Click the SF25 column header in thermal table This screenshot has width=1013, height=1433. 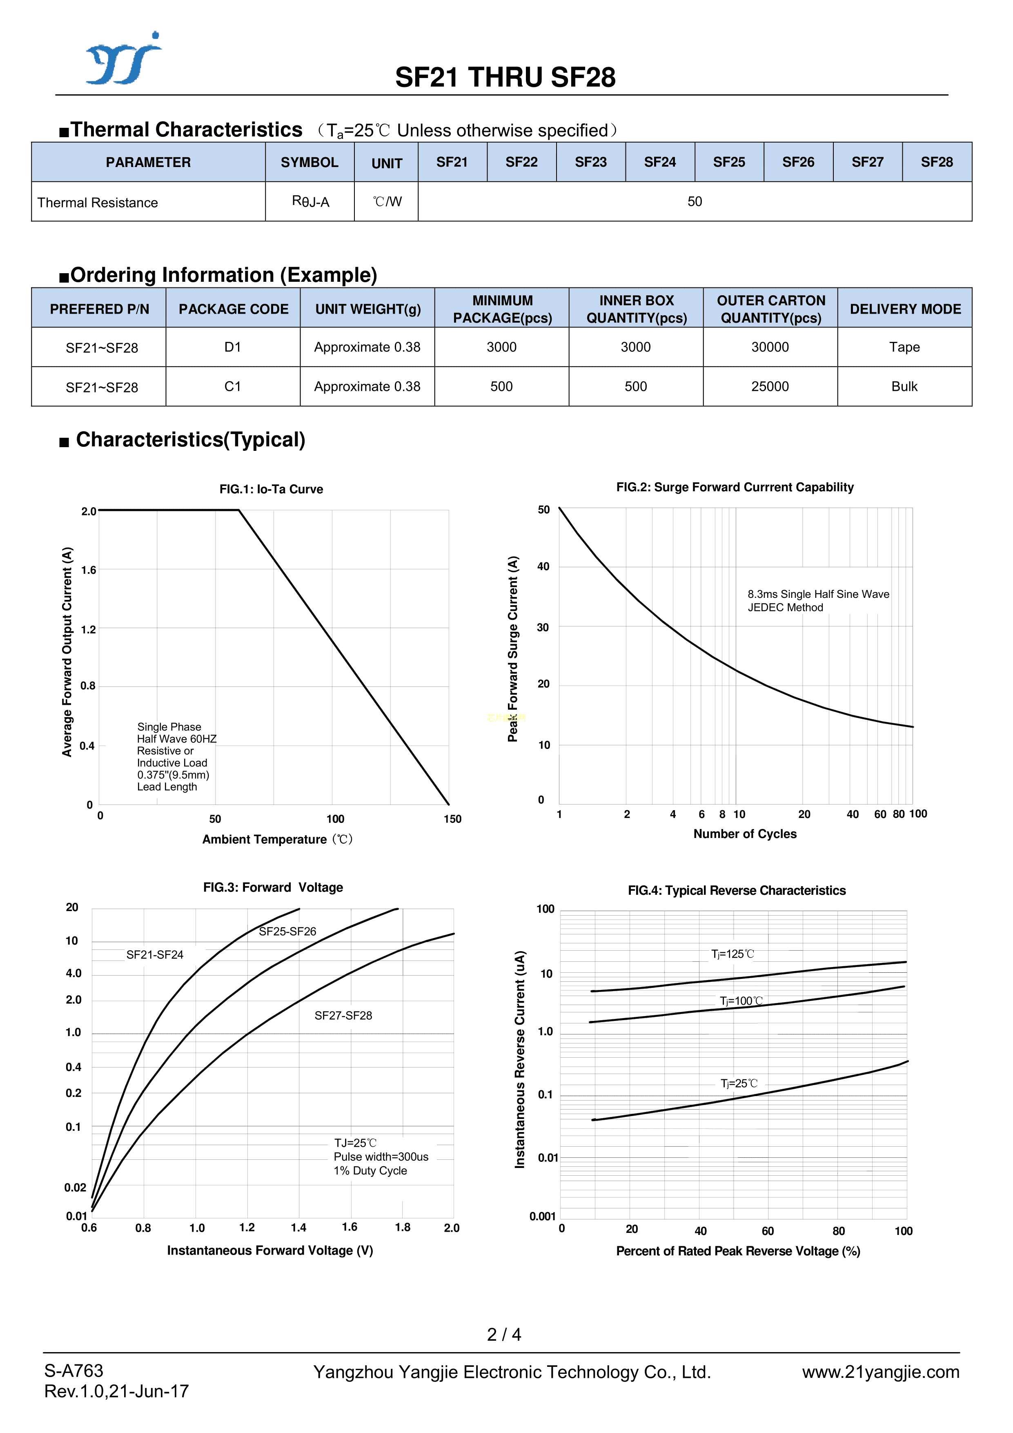click(x=728, y=162)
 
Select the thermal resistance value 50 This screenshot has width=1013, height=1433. click(x=694, y=202)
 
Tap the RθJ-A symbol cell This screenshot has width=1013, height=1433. click(x=310, y=202)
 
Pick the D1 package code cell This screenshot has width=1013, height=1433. click(x=232, y=347)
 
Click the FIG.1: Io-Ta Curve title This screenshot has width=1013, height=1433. click(x=271, y=489)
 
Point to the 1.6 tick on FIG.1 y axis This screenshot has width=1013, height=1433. click(x=89, y=570)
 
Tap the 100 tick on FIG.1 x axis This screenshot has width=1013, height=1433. click(x=335, y=819)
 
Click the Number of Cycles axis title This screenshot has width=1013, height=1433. click(x=745, y=834)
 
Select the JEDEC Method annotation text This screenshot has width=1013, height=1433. click(x=785, y=608)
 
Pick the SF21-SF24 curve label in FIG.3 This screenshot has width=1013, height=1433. click(x=155, y=955)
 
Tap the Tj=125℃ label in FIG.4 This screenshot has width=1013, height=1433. click(x=732, y=954)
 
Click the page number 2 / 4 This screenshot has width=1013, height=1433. click(x=504, y=1335)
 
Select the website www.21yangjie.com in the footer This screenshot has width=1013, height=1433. click(x=880, y=1372)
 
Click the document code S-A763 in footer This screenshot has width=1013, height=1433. click(x=73, y=1371)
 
